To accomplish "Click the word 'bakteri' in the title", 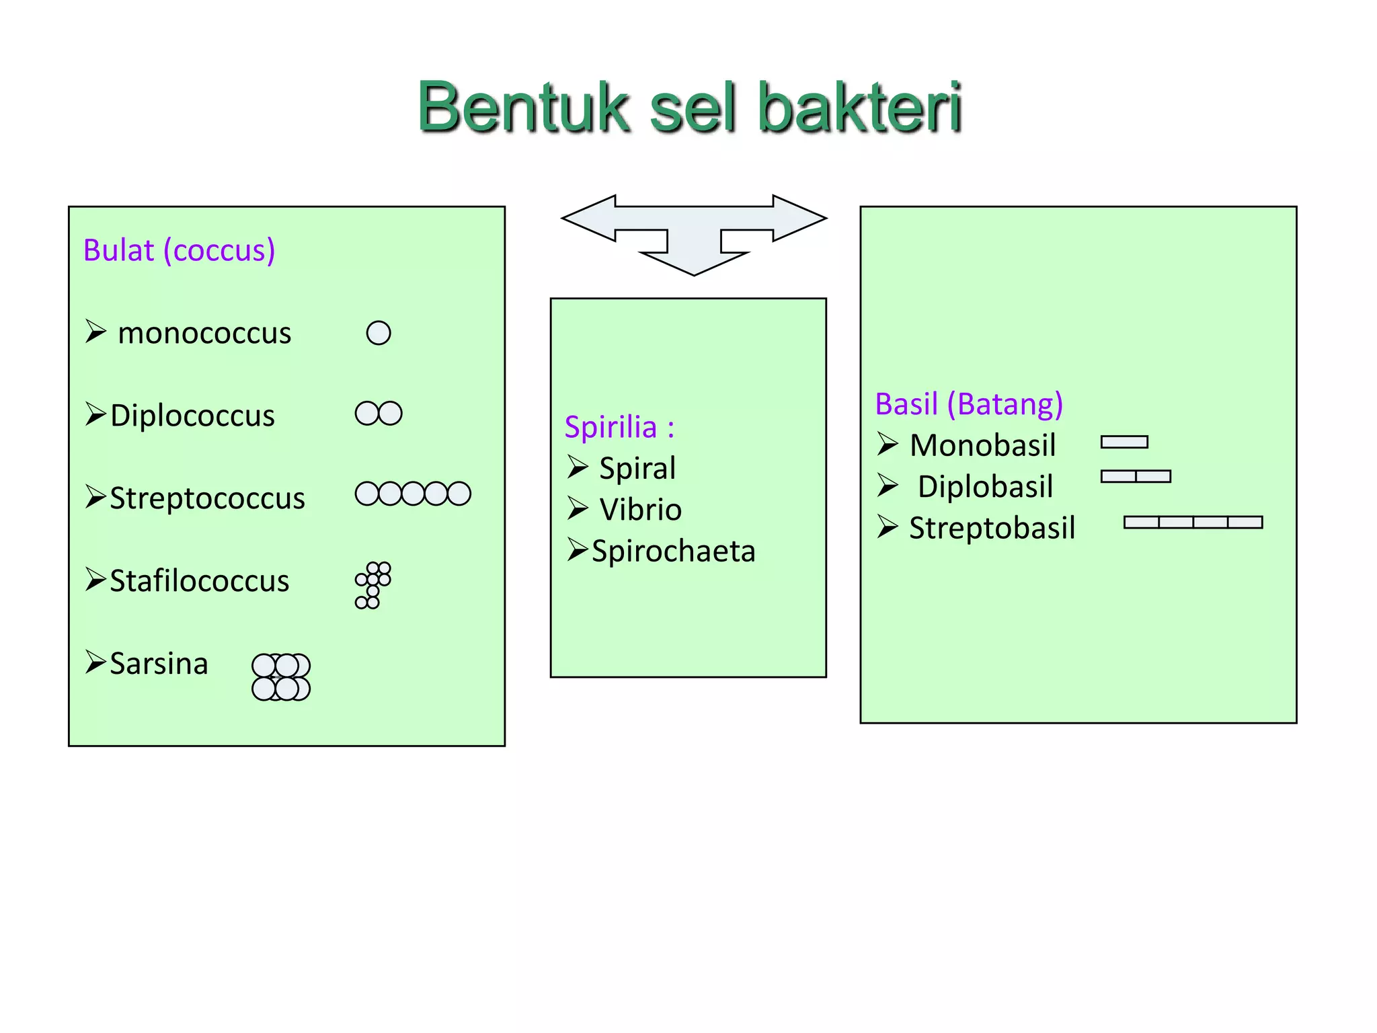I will pyautogui.click(x=860, y=108).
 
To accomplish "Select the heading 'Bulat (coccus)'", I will pyautogui.click(x=179, y=250).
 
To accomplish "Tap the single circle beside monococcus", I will pyautogui.click(x=379, y=333).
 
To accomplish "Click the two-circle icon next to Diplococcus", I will pyautogui.click(x=379, y=414).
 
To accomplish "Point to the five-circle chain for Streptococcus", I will pyautogui.click(x=413, y=494).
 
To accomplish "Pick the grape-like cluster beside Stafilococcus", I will pyautogui.click(x=373, y=584).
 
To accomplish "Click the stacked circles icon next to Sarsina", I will pyautogui.click(x=281, y=677).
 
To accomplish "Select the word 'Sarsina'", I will pyautogui.click(x=159, y=664).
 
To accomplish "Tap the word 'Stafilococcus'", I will pyautogui.click(x=199, y=581).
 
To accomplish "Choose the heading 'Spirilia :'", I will pyautogui.click(x=619, y=427).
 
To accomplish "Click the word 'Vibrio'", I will pyautogui.click(x=640, y=510).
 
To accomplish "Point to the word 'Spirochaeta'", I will pyautogui.click(x=673, y=551).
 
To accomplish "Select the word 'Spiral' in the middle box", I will pyautogui.click(x=637, y=468).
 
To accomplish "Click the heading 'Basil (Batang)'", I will pyautogui.click(x=969, y=404).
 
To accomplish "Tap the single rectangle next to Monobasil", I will pyautogui.click(x=1124, y=442).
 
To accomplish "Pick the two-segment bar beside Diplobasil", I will pyautogui.click(x=1136, y=476).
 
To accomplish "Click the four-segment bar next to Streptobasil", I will pyautogui.click(x=1193, y=523).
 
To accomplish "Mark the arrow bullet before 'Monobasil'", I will pyautogui.click(x=888, y=445).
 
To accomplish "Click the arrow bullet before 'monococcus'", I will pyautogui.click(x=95, y=332).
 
